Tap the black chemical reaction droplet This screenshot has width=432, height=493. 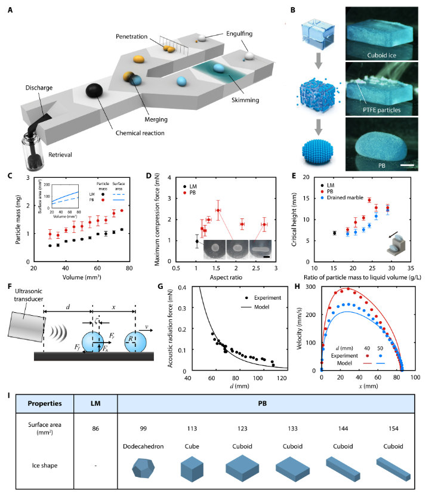[95, 90]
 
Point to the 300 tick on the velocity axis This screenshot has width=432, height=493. [312, 286]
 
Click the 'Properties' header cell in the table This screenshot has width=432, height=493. [46, 403]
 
